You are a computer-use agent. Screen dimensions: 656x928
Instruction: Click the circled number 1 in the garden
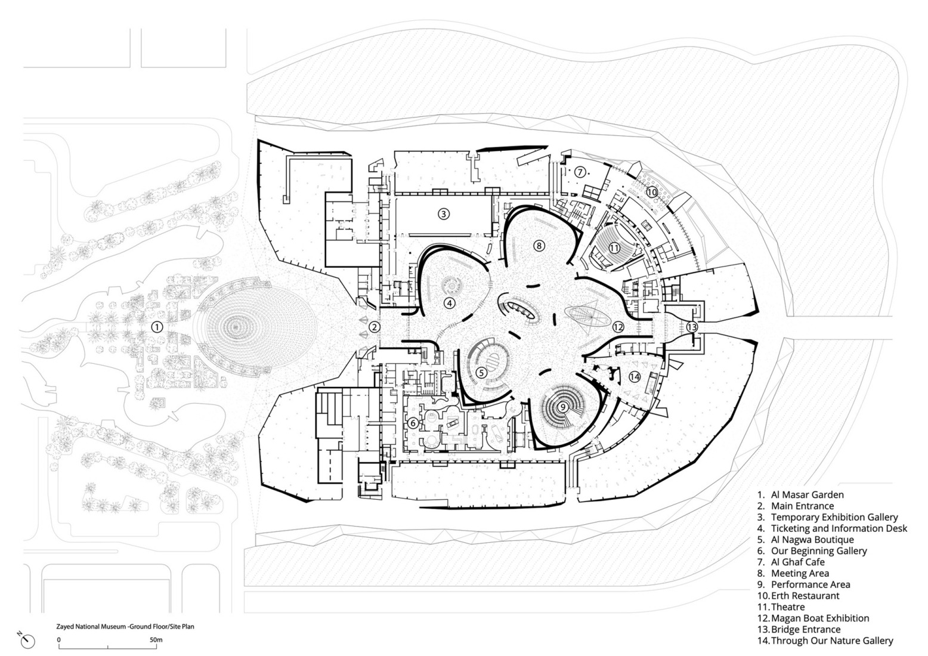(x=157, y=327)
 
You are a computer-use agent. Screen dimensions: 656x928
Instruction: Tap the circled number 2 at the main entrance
(x=374, y=327)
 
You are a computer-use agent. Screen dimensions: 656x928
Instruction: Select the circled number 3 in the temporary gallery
(x=443, y=213)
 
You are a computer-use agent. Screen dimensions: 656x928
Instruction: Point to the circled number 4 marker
(x=450, y=303)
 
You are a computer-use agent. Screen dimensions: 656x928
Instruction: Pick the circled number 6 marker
(x=413, y=423)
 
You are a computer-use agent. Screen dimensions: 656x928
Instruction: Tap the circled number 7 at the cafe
(x=579, y=171)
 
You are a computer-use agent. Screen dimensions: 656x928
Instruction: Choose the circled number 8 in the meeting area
(x=539, y=245)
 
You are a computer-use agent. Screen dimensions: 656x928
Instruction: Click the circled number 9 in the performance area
(x=562, y=407)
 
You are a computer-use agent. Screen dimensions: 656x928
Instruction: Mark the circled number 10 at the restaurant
(x=651, y=192)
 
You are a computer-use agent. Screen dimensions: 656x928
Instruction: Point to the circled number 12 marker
(x=618, y=327)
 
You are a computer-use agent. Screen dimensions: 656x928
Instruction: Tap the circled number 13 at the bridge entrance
(x=691, y=327)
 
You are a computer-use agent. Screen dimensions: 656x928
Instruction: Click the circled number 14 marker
(x=635, y=376)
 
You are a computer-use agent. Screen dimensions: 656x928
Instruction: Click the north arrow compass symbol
(x=27, y=641)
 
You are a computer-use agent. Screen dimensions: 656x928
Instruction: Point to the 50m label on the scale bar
(x=156, y=639)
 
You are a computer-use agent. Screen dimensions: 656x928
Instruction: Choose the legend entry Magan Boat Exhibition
(x=814, y=618)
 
